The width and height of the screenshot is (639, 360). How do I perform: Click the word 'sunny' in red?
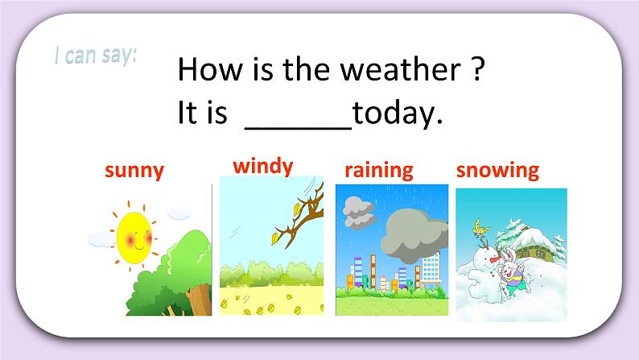pos(134,170)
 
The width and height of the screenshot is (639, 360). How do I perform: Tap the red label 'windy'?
pos(262,167)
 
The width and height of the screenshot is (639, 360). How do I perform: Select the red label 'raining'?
pos(378,170)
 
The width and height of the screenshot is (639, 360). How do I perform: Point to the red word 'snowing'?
pos(497,170)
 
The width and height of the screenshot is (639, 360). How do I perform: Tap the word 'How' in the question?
pos(204,72)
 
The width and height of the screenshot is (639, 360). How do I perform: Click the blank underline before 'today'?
pos(298,126)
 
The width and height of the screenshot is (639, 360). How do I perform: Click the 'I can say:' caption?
pos(96,56)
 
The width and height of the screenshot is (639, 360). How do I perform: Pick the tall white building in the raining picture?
pos(431,271)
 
